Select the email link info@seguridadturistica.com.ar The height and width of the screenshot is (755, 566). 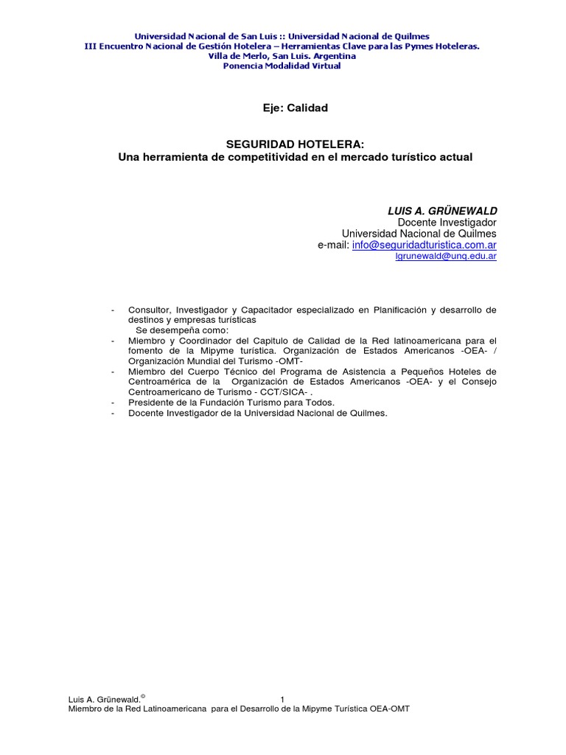[424, 245]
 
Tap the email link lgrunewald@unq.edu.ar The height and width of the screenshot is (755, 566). [447, 257]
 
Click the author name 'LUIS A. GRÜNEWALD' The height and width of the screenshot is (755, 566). [442, 211]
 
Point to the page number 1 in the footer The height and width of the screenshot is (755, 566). [283, 699]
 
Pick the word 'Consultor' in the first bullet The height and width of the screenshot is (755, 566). [147, 310]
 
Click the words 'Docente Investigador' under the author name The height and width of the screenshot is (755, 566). [447, 222]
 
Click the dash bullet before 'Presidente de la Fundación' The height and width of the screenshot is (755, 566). [111, 403]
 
